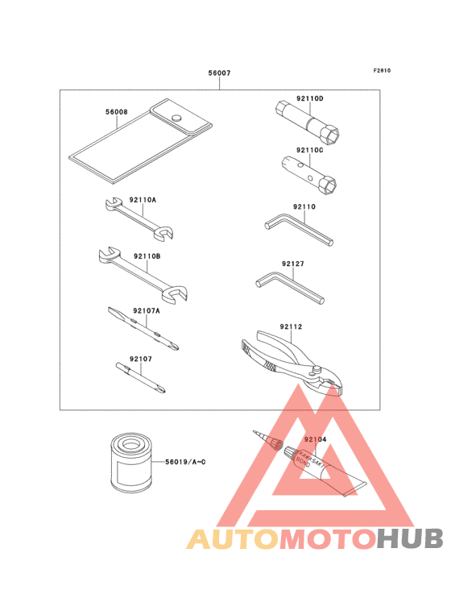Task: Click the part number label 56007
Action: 220,73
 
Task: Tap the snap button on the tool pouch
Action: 176,118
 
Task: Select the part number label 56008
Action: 117,112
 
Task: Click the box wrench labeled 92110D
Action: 307,123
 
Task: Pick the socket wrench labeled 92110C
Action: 309,175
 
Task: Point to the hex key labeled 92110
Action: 299,229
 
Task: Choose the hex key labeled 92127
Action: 290,288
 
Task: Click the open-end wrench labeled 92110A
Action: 139,218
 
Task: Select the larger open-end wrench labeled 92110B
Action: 143,274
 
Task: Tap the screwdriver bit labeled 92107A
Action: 143,328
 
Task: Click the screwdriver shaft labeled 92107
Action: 141,377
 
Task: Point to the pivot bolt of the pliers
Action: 317,370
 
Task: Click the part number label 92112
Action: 291,326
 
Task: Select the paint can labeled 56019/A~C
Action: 130,463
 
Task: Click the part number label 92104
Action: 316,439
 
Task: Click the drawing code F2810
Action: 382,70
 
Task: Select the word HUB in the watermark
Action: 411,539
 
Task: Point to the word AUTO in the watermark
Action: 233,539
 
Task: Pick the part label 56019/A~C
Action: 185,462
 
